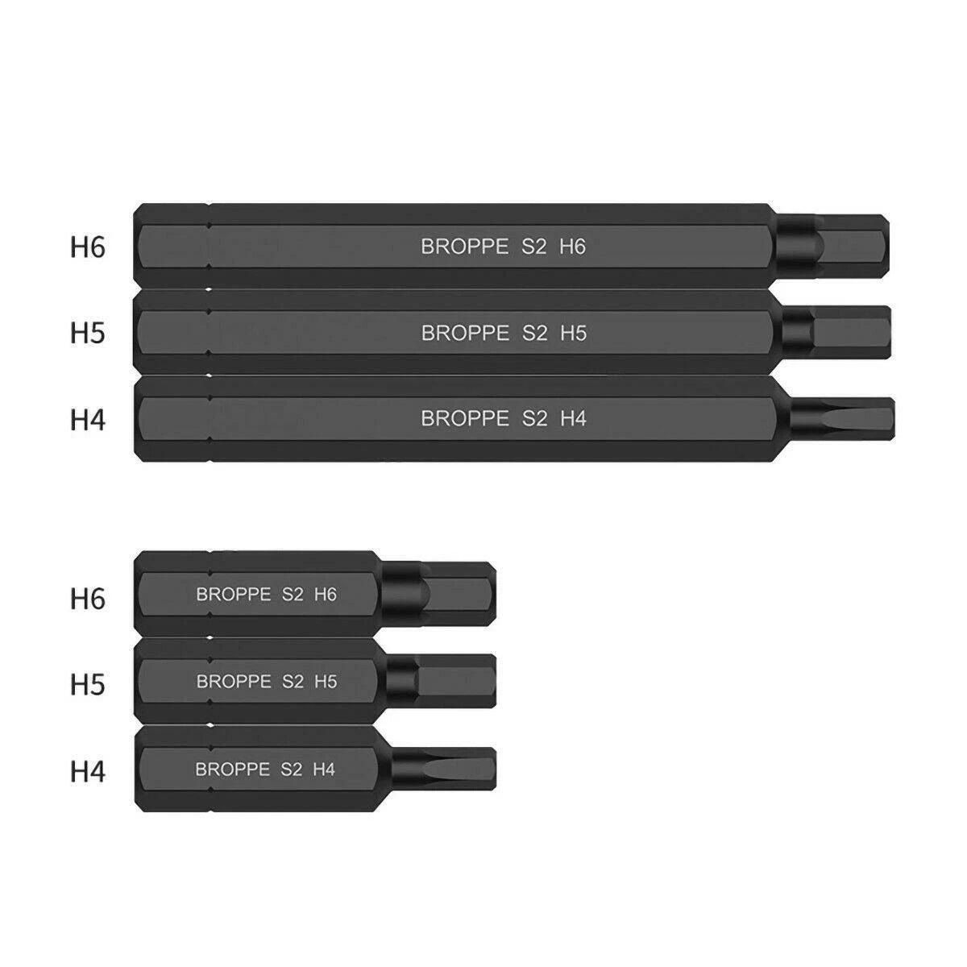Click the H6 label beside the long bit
point(88,247)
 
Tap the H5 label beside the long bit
point(88,333)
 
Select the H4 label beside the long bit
point(88,419)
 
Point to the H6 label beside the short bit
point(88,599)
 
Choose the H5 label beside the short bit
point(88,685)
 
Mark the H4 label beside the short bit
point(88,771)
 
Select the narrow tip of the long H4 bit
point(854,417)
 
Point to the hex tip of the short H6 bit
point(457,593)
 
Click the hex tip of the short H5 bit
point(457,681)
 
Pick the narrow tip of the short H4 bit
point(458,768)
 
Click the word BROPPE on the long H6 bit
point(465,247)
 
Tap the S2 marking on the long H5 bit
point(534,333)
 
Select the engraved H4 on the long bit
point(573,419)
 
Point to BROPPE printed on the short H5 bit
point(234,682)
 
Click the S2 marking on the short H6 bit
point(293,595)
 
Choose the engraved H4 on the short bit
point(323,769)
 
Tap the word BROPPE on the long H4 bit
point(465,419)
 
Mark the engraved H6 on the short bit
point(325,595)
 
